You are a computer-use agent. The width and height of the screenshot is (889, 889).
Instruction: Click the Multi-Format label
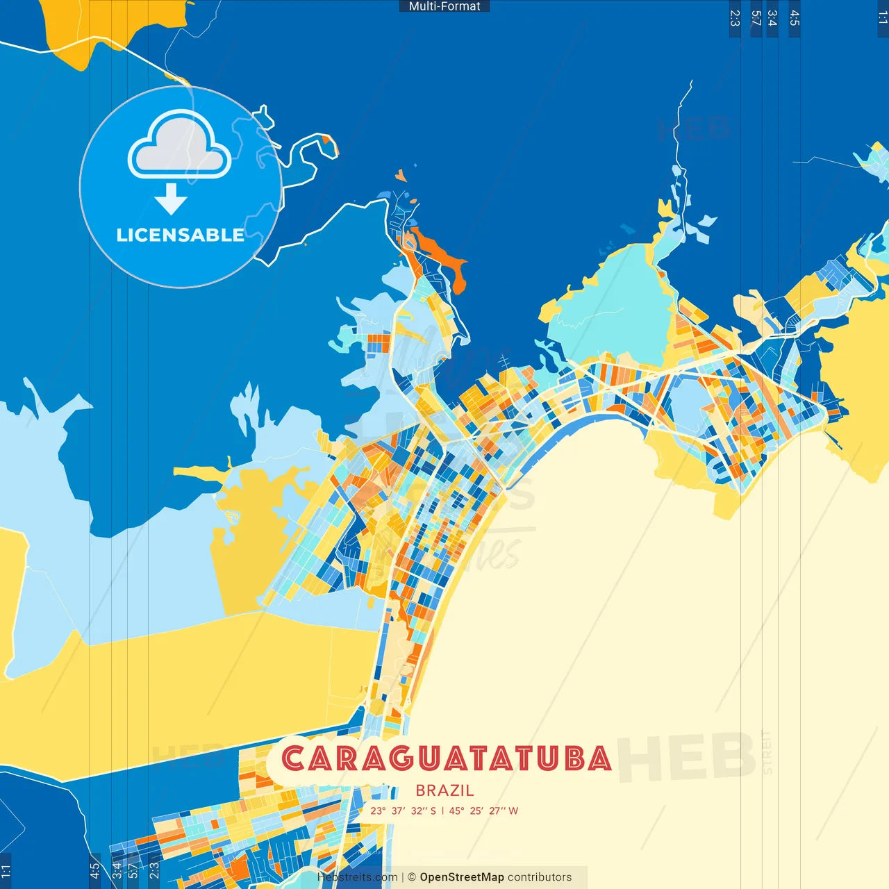pyautogui.click(x=444, y=6)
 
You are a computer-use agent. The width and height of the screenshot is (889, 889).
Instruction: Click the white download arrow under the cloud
pyautogui.click(x=171, y=199)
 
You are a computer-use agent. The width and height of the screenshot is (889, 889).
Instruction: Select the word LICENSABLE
pyautogui.click(x=180, y=235)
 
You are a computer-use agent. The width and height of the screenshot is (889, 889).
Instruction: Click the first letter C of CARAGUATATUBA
pyautogui.click(x=294, y=758)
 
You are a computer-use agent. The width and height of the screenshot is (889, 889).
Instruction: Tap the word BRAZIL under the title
pyautogui.click(x=444, y=790)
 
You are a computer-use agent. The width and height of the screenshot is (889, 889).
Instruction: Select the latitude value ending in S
pyautogui.click(x=403, y=811)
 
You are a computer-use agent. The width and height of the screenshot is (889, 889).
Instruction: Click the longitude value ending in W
pyautogui.click(x=483, y=811)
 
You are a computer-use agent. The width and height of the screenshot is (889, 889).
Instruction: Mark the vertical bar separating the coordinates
pyautogui.click(x=442, y=811)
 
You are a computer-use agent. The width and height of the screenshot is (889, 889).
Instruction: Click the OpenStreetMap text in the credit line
pyautogui.click(x=461, y=877)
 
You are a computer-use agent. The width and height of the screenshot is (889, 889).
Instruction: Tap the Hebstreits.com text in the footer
pyautogui.click(x=357, y=877)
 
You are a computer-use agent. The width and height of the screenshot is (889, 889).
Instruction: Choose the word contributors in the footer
pyautogui.click(x=539, y=877)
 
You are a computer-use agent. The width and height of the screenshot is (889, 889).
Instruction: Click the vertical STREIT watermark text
pyautogui.click(x=767, y=752)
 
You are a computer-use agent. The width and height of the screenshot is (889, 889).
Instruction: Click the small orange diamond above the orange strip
pyautogui.click(x=400, y=175)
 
